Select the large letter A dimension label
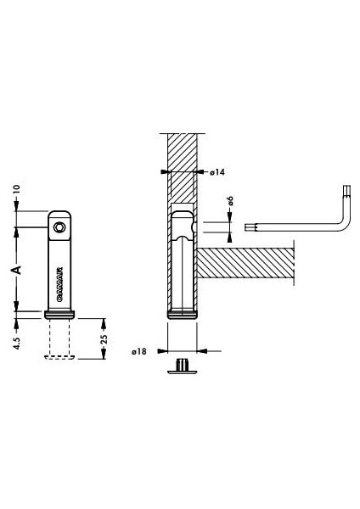[x=15, y=269]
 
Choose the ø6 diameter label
[x=232, y=206]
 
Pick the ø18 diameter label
[x=141, y=350]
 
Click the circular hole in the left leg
[x=59, y=228]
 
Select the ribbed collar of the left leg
[x=60, y=314]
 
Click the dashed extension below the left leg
[x=60, y=339]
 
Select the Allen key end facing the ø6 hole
[x=248, y=227]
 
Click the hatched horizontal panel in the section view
[x=246, y=266]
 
